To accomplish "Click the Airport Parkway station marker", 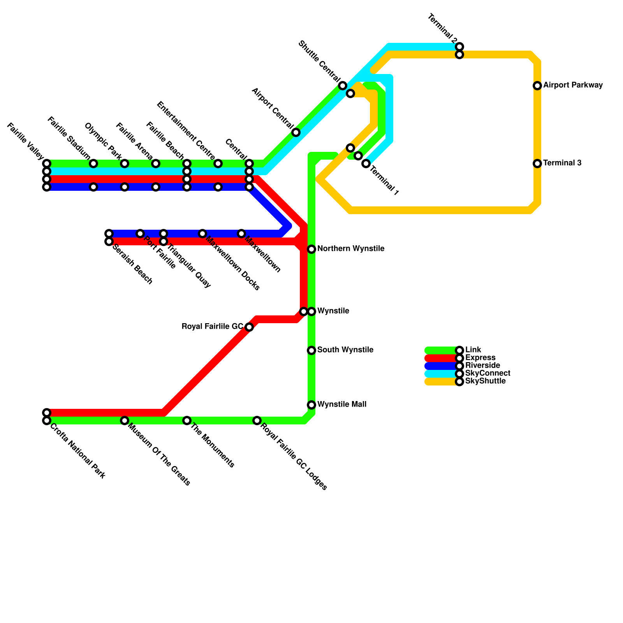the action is [x=537, y=86].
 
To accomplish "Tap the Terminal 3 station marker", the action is [x=537, y=164].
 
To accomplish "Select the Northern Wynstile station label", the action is [x=351, y=249].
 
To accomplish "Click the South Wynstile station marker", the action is [x=311, y=350].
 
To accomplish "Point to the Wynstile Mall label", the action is [x=341, y=405].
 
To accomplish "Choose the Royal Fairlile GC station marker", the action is [x=249, y=327].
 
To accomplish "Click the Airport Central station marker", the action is [x=296, y=132].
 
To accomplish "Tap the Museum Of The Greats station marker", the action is [x=125, y=421].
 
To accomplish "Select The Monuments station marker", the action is [x=187, y=421].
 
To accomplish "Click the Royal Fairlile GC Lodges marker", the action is [x=257, y=421].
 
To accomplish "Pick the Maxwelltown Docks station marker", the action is [x=202, y=234].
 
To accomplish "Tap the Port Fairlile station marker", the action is [x=140, y=234].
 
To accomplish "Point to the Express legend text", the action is [x=480, y=358].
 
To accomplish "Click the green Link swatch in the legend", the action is [x=440, y=350].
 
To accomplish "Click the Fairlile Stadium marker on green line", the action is [x=93, y=164].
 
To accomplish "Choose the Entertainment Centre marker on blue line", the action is [x=218, y=187].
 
